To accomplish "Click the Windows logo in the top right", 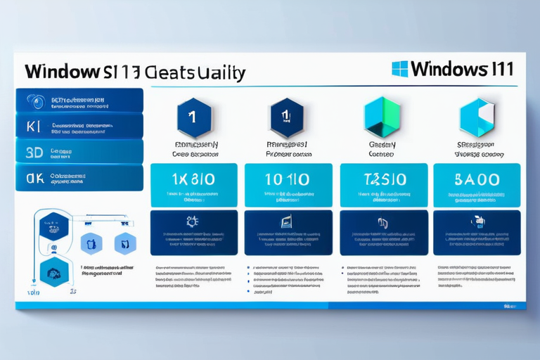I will point(399,68).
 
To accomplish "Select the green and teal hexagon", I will point(382,116).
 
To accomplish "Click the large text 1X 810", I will point(192,179).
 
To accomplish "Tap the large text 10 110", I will point(287,179).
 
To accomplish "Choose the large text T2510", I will point(382,179).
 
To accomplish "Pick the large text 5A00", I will point(477,179).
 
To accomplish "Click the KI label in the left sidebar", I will point(34,126).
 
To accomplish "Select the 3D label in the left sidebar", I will point(34,151).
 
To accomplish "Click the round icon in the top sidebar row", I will point(34,101).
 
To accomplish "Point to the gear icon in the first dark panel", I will point(192,221).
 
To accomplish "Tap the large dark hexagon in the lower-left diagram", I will point(55,271).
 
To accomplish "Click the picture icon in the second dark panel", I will point(287,222).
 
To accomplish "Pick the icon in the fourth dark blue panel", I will point(478,221).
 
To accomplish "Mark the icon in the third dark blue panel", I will point(383,223).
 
